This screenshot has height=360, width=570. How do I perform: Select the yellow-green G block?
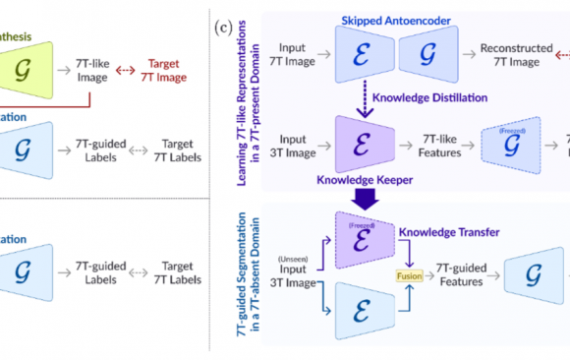point(28,46)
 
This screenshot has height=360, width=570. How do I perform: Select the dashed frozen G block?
point(513,143)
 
